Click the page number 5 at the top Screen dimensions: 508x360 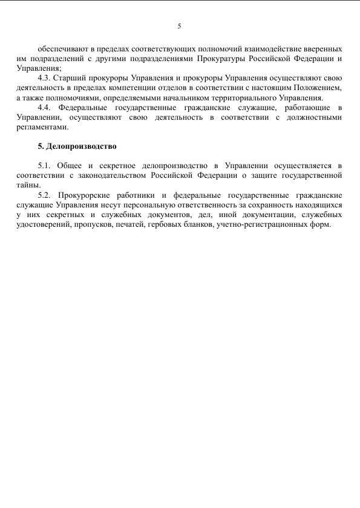(x=179, y=26)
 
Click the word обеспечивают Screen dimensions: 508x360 (x=61, y=48)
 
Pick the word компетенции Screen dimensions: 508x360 (x=136, y=88)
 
